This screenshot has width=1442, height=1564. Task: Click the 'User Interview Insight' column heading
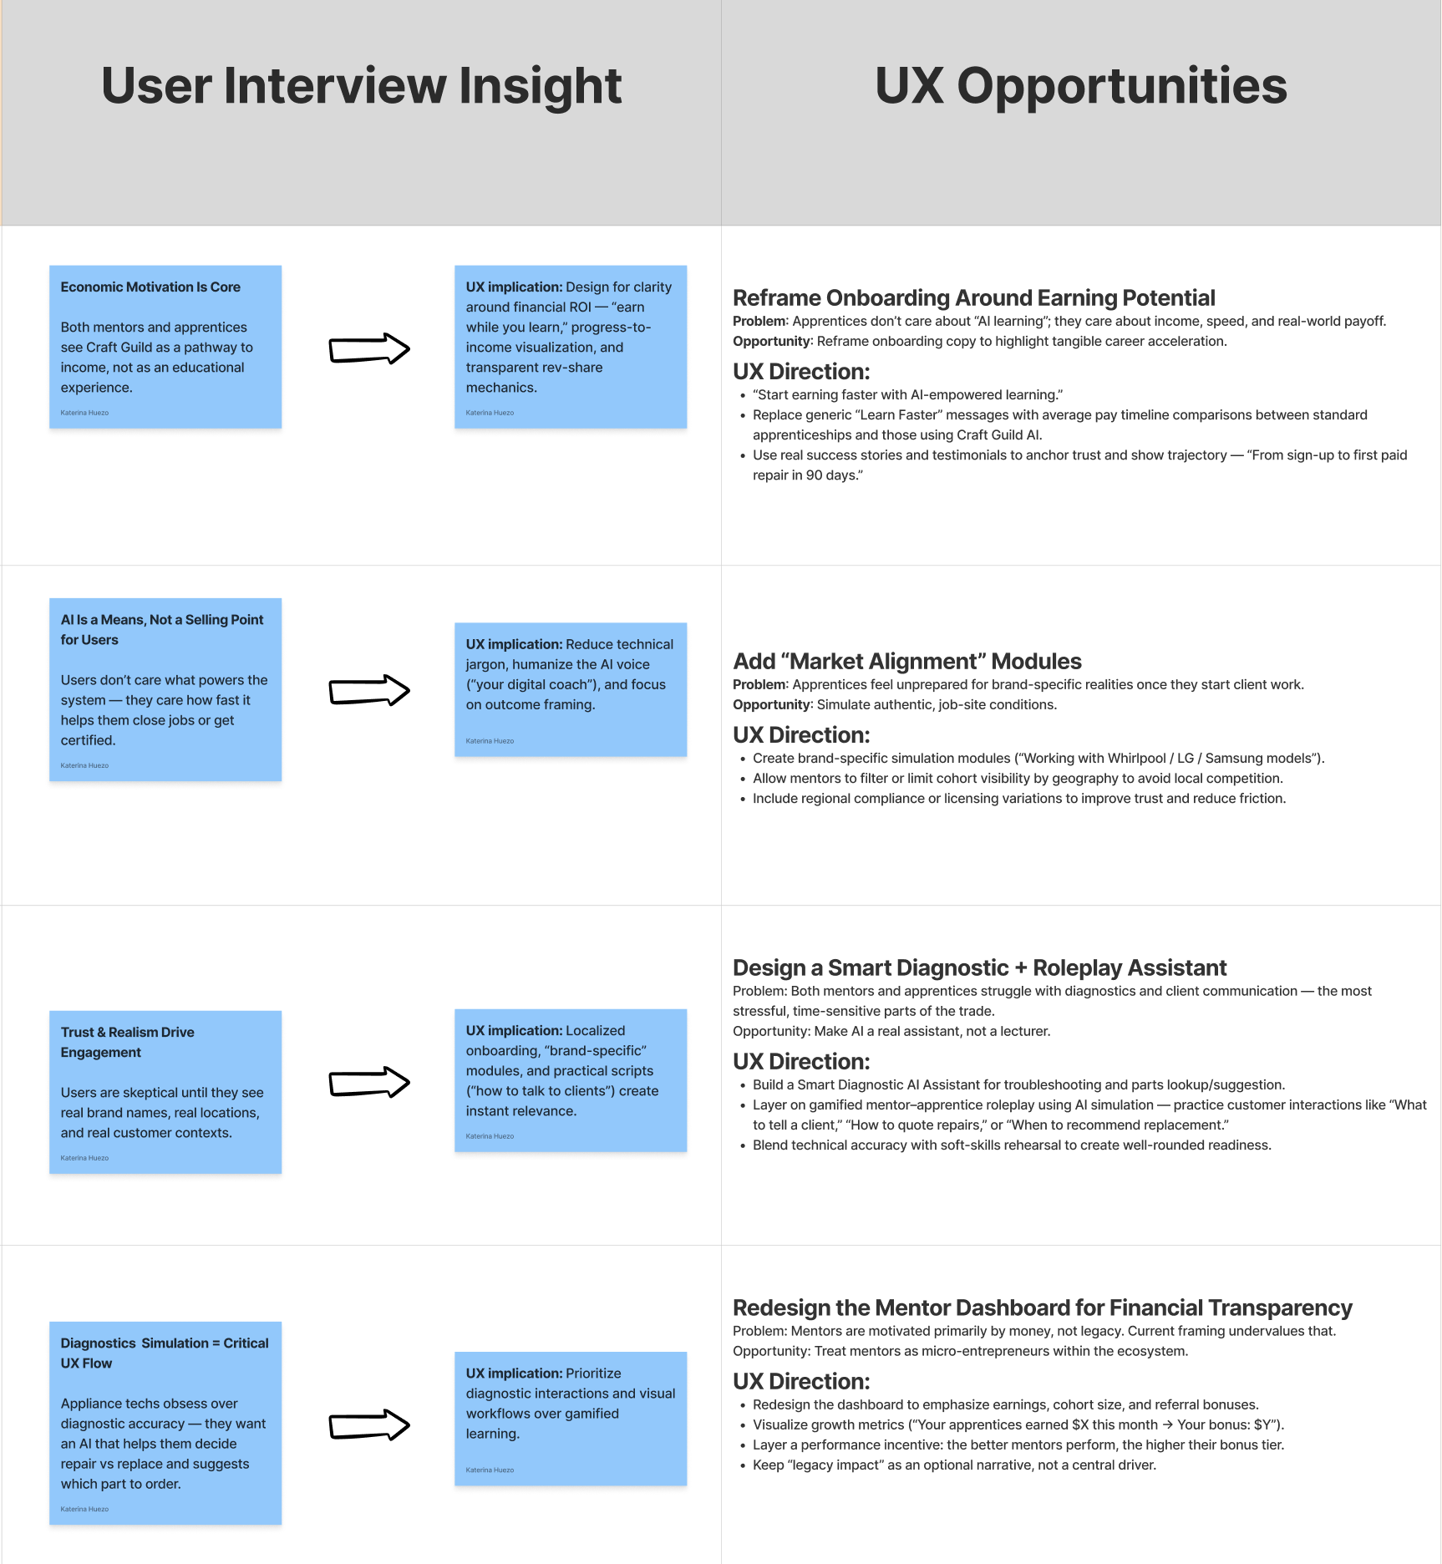coord(361,86)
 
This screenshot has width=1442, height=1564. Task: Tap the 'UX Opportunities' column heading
coord(1080,86)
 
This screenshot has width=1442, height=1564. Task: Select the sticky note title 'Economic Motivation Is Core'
coord(150,287)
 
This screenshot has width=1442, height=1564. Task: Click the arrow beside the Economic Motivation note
coord(369,348)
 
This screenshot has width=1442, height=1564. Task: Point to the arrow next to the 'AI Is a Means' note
coord(369,690)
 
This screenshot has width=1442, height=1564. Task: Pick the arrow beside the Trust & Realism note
coord(369,1083)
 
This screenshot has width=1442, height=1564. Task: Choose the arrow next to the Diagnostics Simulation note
coord(369,1425)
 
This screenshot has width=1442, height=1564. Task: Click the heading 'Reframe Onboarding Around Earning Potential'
coord(973,298)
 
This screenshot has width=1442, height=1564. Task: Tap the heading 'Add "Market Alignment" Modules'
coord(906,662)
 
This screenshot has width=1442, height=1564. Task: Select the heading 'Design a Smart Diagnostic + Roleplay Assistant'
coord(979,968)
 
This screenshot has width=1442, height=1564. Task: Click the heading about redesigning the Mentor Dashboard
coord(1042,1308)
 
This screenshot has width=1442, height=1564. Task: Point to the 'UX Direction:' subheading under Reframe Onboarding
coord(800,372)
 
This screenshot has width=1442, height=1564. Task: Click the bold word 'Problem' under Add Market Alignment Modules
coord(759,685)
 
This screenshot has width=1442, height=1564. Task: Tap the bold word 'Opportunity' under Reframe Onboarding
coord(771,342)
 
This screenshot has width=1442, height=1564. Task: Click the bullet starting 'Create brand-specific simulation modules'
coord(1038,759)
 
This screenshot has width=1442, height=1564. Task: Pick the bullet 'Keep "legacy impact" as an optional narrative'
coord(954,1465)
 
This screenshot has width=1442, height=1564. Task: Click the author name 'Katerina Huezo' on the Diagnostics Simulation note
coord(84,1509)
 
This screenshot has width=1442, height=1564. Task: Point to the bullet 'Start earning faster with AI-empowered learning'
coord(907,395)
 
